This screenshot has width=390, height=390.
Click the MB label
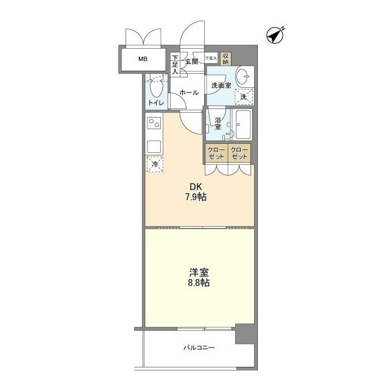[142, 59]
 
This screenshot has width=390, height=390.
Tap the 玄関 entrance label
[191, 62]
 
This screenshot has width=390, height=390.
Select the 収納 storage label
[225, 59]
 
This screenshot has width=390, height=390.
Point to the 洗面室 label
[221, 85]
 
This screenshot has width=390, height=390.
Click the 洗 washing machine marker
[244, 97]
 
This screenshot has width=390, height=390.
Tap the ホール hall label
[188, 93]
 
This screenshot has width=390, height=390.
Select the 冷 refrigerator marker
[155, 164]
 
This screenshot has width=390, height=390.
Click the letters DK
[193, 187]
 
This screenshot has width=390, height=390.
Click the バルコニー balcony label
[199, 348]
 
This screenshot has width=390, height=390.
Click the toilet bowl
[155, 88]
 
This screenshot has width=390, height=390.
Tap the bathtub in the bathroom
[244, 126]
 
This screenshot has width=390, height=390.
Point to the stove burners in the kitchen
[153, 124]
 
